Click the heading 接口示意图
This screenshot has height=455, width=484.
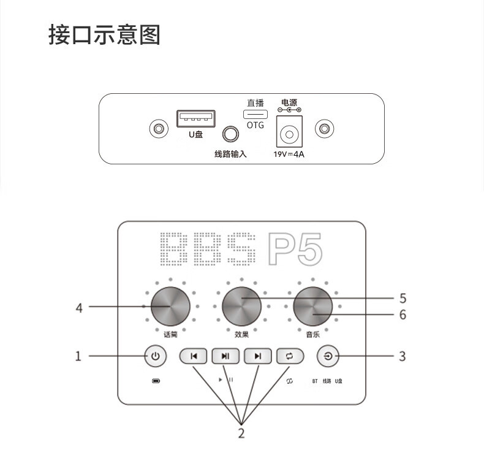(104, 36)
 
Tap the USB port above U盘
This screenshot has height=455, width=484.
(195, 118)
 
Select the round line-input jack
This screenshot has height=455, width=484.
(230, 134)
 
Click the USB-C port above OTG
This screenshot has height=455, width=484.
(255, 115)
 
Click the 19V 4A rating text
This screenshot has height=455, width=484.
(289, 155)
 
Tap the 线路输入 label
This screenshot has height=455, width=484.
(230, 154)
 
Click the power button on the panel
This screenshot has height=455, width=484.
(155, 356)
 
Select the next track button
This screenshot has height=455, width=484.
(258, 356)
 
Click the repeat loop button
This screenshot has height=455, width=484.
(290, 356)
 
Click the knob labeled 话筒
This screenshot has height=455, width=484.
(170, 306)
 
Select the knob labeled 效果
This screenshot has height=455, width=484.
(241, 306)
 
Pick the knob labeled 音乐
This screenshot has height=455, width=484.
(312, 306)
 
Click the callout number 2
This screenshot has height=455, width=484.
(241, 433)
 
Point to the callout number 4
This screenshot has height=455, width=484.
(78, 308)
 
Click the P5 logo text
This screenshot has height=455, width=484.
(295, 248)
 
